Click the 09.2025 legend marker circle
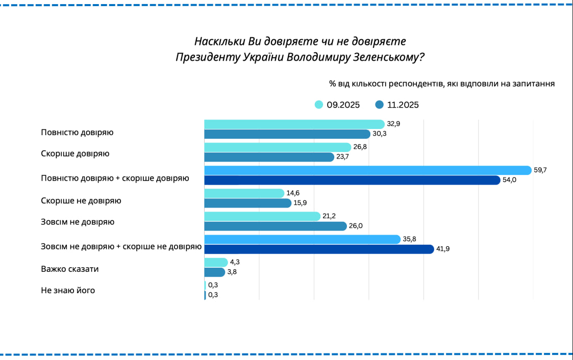tap(319, 105)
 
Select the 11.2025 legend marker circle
tap(379, 105)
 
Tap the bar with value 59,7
tap(367, 170)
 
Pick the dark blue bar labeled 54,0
tap(352, 180)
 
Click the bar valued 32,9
tap(294, 124)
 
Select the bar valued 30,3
tap(287, 134)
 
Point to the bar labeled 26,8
tap(278, 147)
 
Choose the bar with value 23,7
tap(269, 157)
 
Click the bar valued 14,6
tap(244, 193)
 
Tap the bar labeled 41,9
tap(319, 249)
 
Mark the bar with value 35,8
tap(302, 239)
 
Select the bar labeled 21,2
tap(262, 216)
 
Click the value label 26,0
tap(355, 226)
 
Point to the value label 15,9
tap(300, 203)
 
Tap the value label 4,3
tap(235, 262)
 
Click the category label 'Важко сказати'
tap(69, 269)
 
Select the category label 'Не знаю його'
tap(68, 291)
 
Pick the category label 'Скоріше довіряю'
tap(75, 153)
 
